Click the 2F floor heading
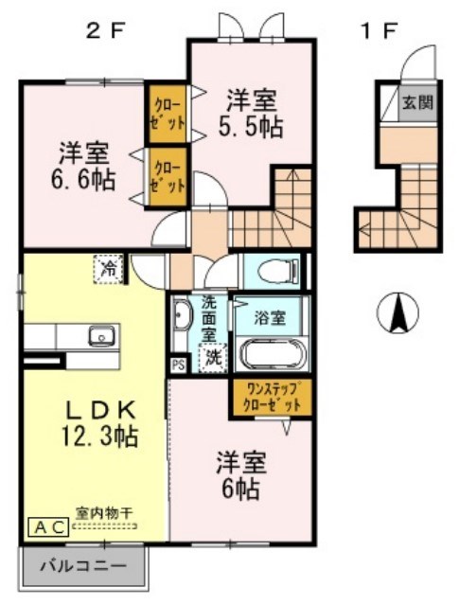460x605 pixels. tap(106, 29)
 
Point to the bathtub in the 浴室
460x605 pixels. tap(274, 355)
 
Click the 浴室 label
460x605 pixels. tap(277, 317)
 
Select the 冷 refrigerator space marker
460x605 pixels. tap(110, 269)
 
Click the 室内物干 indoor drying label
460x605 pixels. tap(105, 512)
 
